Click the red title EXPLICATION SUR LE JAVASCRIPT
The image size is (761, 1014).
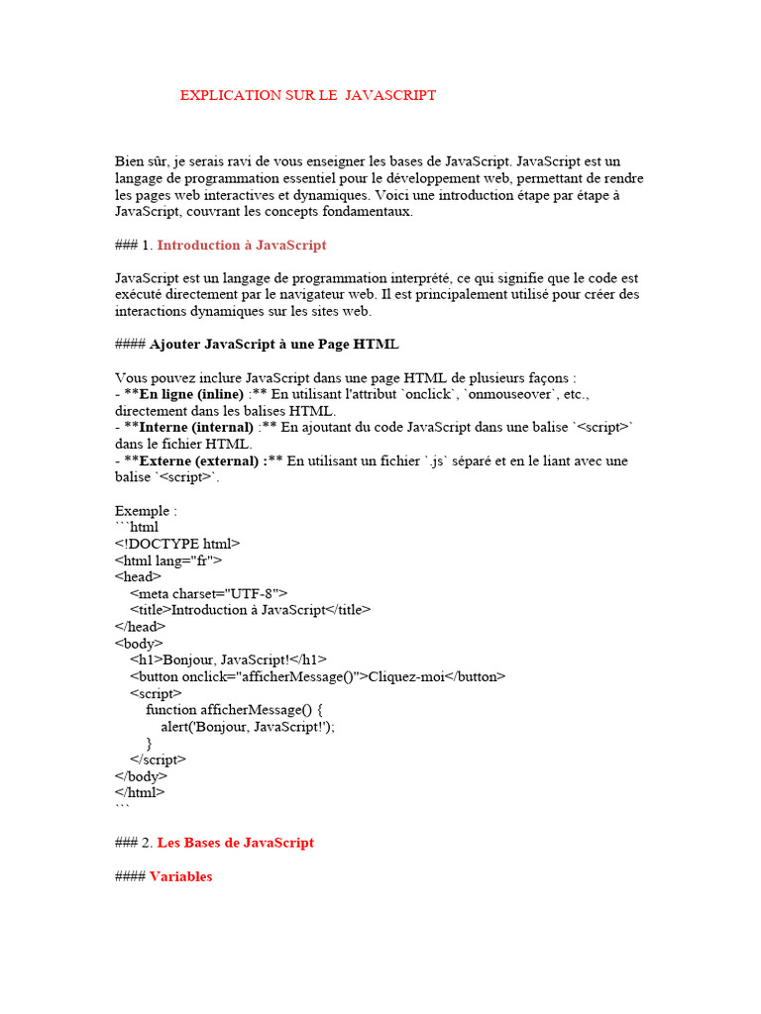[x=307, y=95]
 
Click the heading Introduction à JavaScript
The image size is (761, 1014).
[x=241, y=245]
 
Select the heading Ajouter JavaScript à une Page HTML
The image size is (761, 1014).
[x=273, y=344]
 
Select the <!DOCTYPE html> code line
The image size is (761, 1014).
[x=177, y=544]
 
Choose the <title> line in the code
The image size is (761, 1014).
[x=250, y=610]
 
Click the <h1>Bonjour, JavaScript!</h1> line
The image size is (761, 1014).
[x=228, y=659]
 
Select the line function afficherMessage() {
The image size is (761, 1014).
[x=234, y=710]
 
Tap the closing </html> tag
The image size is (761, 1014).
[x=140, y=792]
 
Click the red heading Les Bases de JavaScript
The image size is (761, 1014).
[x=235, y=843]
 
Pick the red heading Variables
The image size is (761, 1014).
[x=180, y=876]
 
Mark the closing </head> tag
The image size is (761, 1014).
[x=140, y=627]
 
